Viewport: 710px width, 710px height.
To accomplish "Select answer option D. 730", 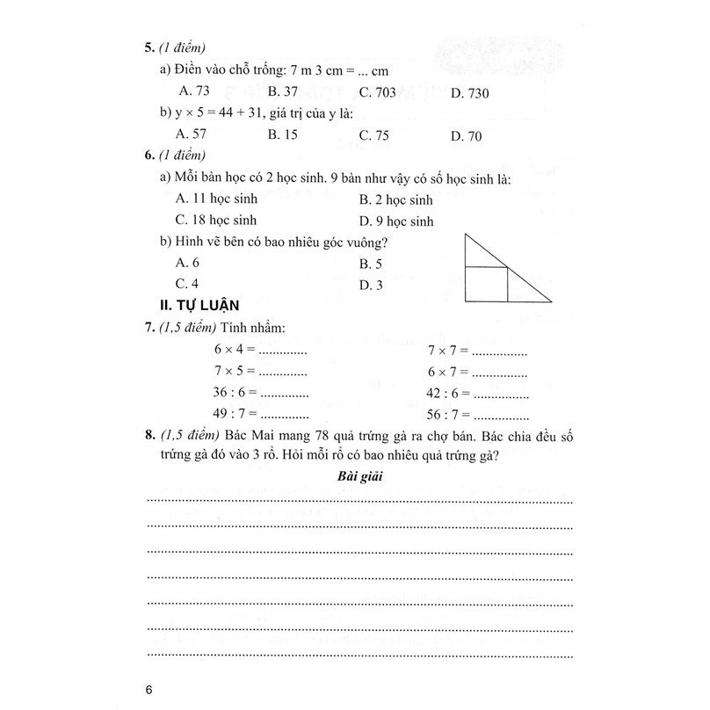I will [x=469, y=93].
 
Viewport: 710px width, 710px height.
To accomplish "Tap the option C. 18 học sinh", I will [x=215, y=220].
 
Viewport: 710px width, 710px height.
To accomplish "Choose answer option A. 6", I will [x=189, y=263].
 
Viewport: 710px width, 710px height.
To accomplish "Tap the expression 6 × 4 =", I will [x=235, y=350].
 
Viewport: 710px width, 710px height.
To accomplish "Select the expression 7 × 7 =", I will [x=448, y=350].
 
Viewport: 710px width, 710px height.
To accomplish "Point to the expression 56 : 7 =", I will [x=450, y=414].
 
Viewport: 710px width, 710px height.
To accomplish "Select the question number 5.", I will [x=149, y=49].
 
